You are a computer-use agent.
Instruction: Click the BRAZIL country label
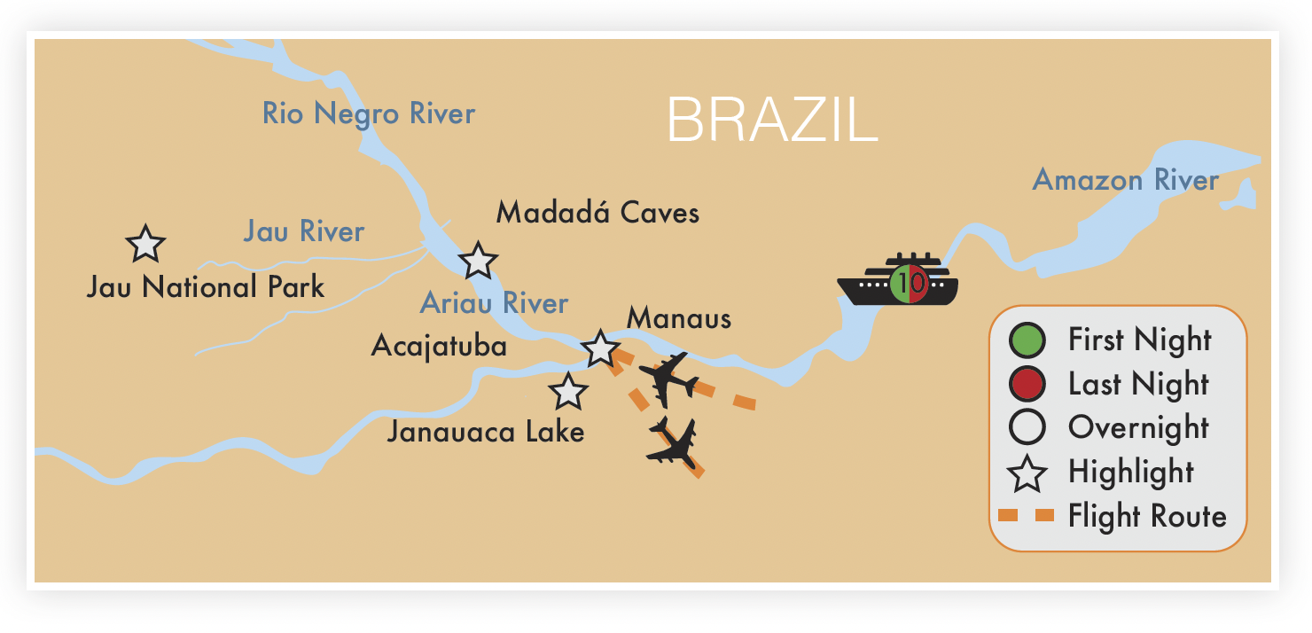pyautogui.click(x=771, y=121)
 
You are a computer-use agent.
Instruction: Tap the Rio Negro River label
pyautogui.click(x=369, y=113)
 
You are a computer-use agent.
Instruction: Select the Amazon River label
pyautogui.click(x=1126, y=181)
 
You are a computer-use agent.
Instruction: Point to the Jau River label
pyautogui.click(x=304, y=232)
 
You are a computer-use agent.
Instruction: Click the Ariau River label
pyautogui.click(x=494, y=303)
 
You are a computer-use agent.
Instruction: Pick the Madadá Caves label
pyautogui.click(x=597, y=213)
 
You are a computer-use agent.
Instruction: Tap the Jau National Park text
pyautogui.click(x=206, y=287)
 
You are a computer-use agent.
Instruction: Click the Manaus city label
pyautogui.click(x=679, y=318)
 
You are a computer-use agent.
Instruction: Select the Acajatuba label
pyautogui.click(x=439, y=346)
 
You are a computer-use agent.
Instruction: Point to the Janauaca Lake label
pyautogui.click(x=486, y=432)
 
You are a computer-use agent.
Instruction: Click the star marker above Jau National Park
pyautogui.click(x=145, y=244)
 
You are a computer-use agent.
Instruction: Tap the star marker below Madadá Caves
pyautogui.click(x=479, y=261)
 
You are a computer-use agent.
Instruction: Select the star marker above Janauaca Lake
pyautogui.click(x=567, y=391)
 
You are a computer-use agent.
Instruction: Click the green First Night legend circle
pyautogui.click(x=1027, y=340)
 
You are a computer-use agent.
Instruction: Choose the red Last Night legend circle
pyautogui.click(x=1027, y=384)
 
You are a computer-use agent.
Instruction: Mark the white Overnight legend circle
pyautogui.click(x=1027, y=427)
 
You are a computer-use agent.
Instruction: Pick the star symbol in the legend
pyautogui.click(x=1027, y=473)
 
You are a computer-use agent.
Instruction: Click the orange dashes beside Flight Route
pyautogui.click(x=1026, y=515)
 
